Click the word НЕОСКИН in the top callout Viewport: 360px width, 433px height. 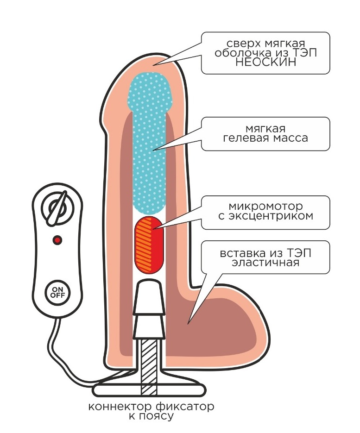pyautogui.click(x=265, y=63)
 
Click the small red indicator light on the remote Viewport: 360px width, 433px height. pyautogui.click(x=57, y=240)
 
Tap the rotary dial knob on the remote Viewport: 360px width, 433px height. pyautogui.click(x=56, y=207)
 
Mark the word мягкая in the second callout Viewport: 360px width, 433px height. pyautogui.click(x=266, y=128)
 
